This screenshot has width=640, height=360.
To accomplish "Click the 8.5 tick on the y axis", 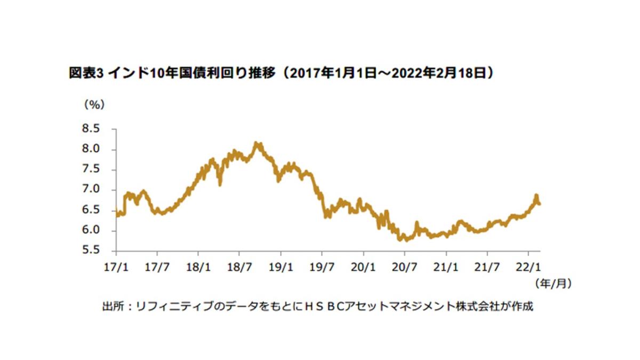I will [91, 129].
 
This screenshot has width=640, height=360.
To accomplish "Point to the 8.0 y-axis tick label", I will [91, 149].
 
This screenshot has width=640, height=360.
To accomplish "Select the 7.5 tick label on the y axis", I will [91, 170].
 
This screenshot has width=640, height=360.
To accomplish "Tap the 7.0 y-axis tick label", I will [91, 190].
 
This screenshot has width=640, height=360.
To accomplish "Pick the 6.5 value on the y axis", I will [91, 210].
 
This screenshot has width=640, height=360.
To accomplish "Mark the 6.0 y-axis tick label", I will [91, 230].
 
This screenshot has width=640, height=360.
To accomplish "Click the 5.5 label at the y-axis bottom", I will [91, 251].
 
